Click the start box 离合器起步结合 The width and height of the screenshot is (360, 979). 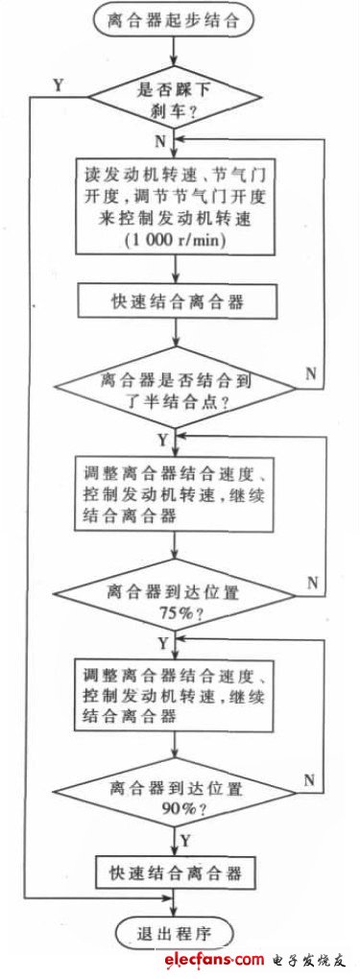click(x=174, y=17)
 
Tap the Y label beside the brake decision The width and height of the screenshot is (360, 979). click(x=59, y=84)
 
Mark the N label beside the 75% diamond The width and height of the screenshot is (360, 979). click(x=312, y=582)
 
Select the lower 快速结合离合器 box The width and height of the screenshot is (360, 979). click(x=174, y=874)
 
